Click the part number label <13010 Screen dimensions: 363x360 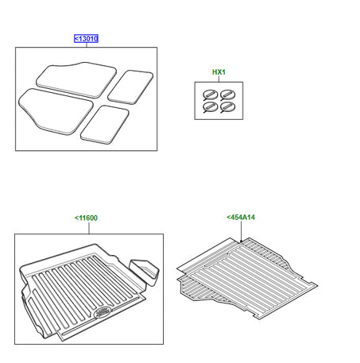coord(86,37)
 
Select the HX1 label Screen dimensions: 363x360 coord(219,72)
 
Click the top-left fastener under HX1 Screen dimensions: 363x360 coord(211,95)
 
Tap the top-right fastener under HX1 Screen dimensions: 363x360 coord(227,95)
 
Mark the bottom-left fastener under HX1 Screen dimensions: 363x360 coord(211,107)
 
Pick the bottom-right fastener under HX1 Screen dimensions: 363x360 coord(227,107)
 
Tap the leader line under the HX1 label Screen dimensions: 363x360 coord(219,79)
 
